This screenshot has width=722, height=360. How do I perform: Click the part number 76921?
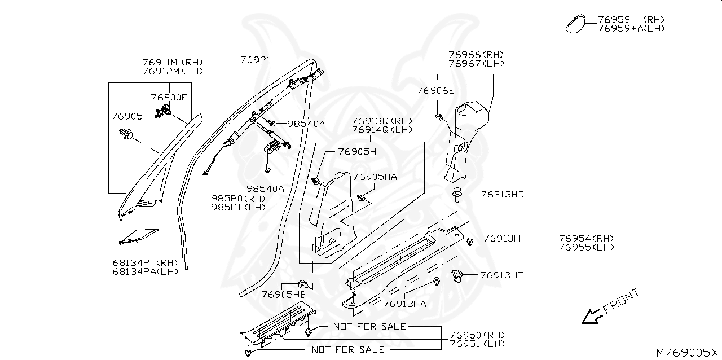(x=255, y=60)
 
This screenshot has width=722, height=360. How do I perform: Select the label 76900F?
(x=168, y=98)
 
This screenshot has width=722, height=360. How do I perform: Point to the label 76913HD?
(x=503, y=195)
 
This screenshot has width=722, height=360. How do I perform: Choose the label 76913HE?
(x=502, y=275)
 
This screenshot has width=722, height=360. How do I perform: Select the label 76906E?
(x=435, y=90)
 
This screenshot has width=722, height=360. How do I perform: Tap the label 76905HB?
(x=283, y=294)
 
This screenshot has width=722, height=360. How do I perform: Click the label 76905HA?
(x=375, y=177)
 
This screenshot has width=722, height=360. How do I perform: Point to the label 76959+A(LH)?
(x=631, y=28)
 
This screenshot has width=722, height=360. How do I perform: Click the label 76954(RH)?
(x=587, y=239)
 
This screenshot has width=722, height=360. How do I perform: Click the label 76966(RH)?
(x=476, y=55)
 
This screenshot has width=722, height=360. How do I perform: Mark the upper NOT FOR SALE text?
(x=369, y=327)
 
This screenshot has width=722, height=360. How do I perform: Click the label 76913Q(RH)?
(x=382, y=121)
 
